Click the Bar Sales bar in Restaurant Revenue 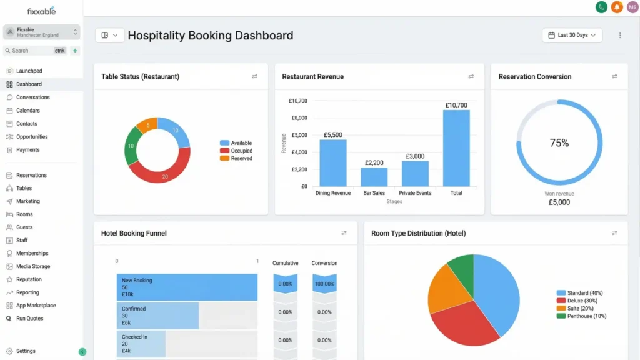374,177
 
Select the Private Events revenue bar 415,174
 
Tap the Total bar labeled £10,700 456,148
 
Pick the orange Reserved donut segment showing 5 146,124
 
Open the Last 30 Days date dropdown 572,36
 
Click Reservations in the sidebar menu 31,176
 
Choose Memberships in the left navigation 32,254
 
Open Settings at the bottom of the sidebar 26,351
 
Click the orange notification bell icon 617,7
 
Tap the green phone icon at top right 601,7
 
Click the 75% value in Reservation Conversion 559,143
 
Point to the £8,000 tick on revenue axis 298,117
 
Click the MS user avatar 632,7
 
